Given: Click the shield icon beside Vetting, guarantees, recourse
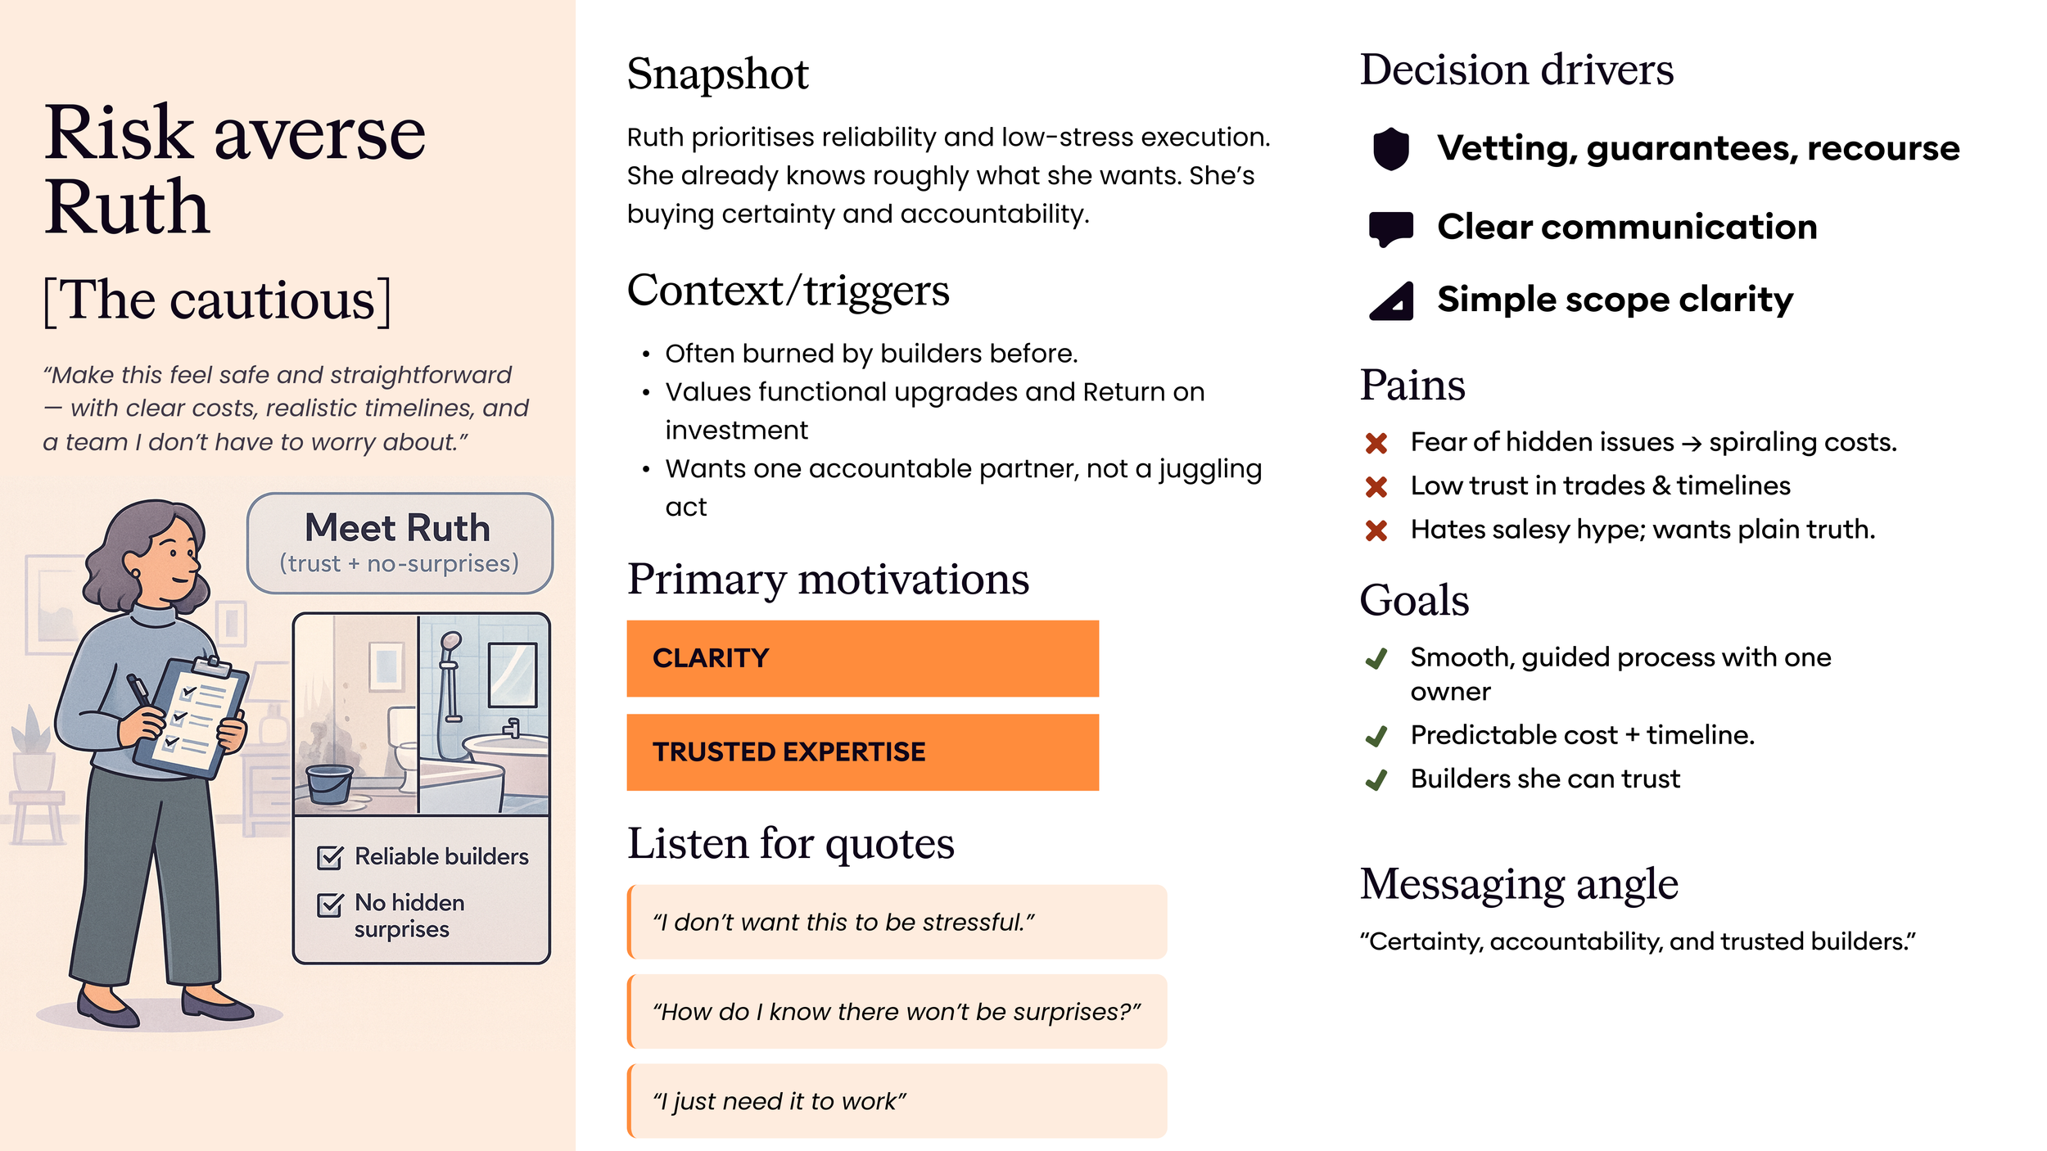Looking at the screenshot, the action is coord(1390,149).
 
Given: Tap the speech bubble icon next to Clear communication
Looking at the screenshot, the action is coord(1390,228).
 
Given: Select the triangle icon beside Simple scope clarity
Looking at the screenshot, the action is coord(1392,300).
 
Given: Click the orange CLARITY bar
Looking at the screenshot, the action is coord(862,658).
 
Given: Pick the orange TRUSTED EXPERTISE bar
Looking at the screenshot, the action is coord(862,752).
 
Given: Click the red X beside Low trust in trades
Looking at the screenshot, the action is coord(1376,486).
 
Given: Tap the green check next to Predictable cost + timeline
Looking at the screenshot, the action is coord(1376,736).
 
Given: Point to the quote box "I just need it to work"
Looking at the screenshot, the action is coord(897,1101).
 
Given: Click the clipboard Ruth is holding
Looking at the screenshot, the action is coord(190,717).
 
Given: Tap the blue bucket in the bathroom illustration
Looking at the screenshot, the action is coord(330,783).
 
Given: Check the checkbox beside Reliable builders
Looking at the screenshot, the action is coord(330,857).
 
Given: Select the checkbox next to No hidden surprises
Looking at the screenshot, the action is coord(330,905).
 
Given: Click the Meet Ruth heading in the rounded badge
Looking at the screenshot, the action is coord(397,528).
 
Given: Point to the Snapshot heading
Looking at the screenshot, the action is coord(717,74).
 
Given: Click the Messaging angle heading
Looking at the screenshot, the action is coord(1519,884).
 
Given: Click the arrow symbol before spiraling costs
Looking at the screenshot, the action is coord(1692,444).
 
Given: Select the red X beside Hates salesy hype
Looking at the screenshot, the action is coord(1376,530).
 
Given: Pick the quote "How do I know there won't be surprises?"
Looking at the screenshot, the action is coord(897,1012).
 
